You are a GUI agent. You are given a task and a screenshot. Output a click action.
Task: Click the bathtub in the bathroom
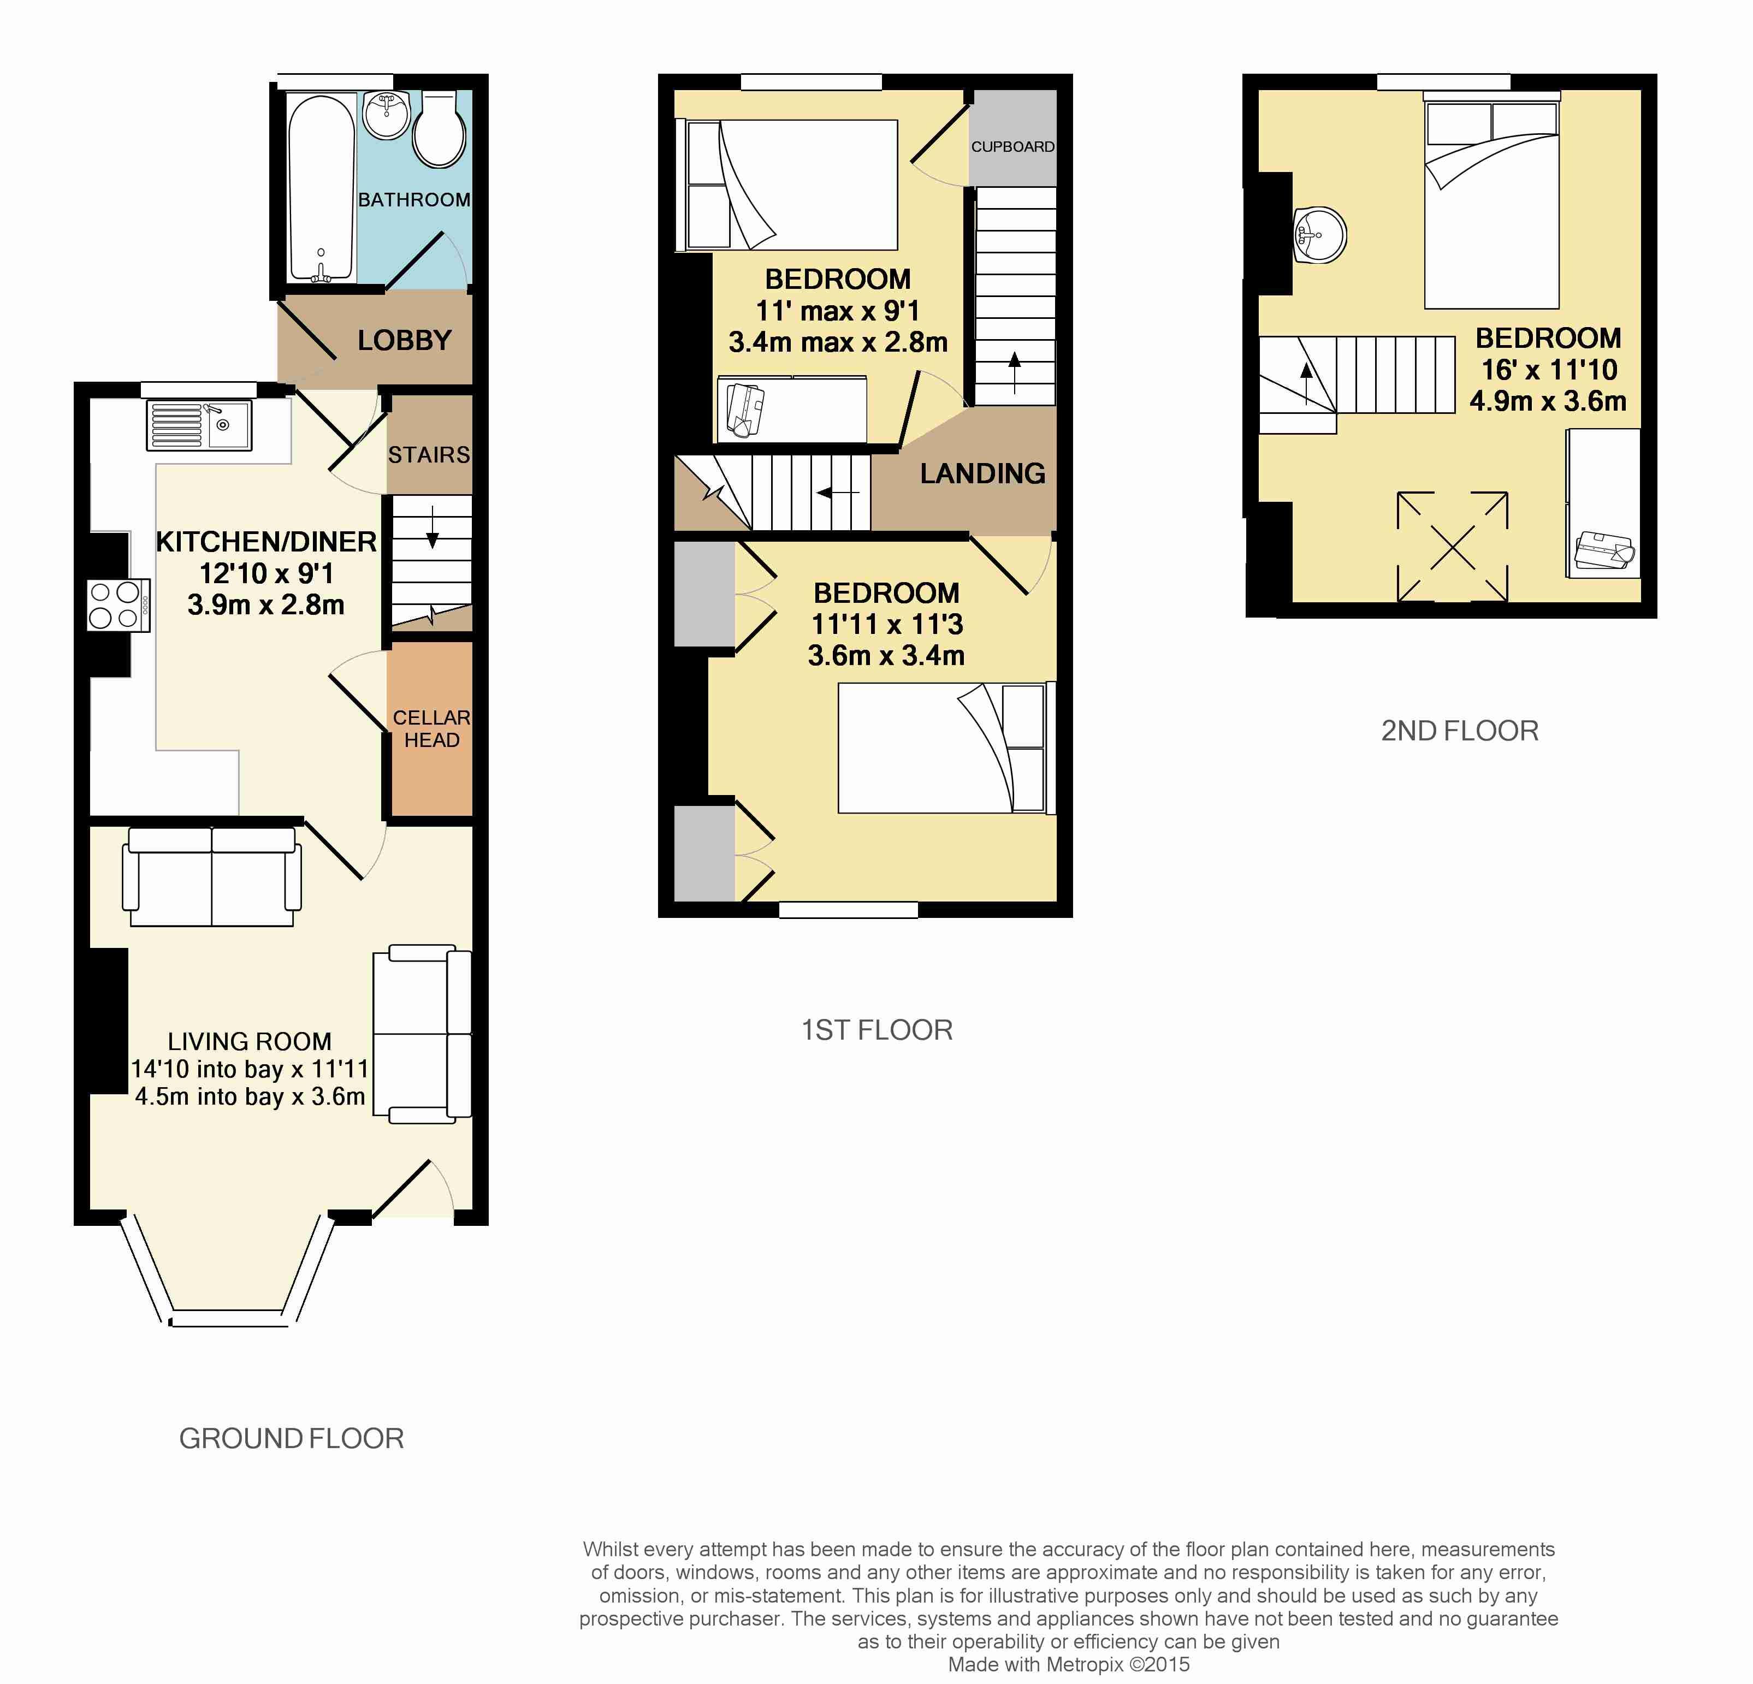click(322, 188)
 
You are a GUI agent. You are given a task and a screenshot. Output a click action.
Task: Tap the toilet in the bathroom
click(439, 129)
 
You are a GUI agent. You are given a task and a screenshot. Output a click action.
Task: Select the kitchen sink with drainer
click(199, 425)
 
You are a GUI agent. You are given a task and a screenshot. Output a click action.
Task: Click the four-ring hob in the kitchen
click(118, 606)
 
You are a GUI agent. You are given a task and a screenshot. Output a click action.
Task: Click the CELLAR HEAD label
click(431, 729)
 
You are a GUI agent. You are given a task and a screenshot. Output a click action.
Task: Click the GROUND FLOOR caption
click(292, 1438)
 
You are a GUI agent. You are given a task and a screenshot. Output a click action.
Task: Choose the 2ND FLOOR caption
click(1460, 731)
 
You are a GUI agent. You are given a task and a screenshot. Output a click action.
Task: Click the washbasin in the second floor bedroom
click(1319, 235)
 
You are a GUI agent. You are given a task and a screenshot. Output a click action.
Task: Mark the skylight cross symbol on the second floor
click(1453, 547)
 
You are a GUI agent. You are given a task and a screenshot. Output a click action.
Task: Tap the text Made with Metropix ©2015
click(1069, 1664)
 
